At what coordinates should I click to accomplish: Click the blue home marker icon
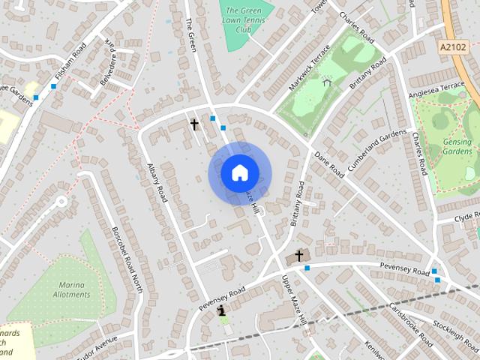pyautogui.click(x=239, y=173)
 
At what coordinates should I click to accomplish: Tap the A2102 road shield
pyautogui.click(x=451, y=46)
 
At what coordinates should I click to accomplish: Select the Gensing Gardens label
pyautogui.click(x=457, y=147)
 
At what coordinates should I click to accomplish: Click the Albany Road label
pyautogui.click(x=157, y=183)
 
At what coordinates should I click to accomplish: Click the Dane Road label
pyautogui.click(x=329, y=165)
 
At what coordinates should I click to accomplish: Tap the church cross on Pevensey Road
pyautogui.click(x=299, y=256)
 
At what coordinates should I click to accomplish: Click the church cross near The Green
pyautogui.click(x=194, y=124)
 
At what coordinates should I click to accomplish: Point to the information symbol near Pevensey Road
pyautogui.click(x=221, y=310)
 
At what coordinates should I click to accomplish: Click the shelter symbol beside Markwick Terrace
pyautogui.click(x=327, y=80)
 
